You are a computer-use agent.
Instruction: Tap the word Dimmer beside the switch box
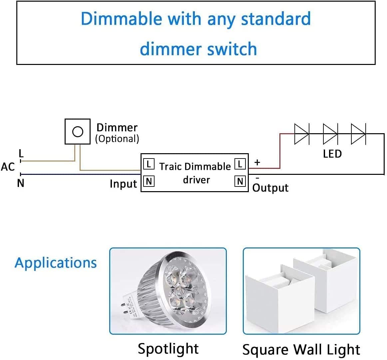click(117, 128)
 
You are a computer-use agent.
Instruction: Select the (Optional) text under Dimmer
click(117, 139)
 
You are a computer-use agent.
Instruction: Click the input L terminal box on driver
click(149, 164)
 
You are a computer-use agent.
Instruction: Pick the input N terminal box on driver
click(149, 181)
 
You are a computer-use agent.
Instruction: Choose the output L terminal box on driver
click(240, 164)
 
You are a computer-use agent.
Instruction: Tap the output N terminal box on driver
click(240, 181)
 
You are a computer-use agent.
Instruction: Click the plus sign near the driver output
click(257, 163)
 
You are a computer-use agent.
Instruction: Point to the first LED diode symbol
click(302, 134)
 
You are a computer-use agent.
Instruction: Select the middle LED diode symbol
click(330, 134)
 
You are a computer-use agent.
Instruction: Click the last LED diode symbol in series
click(358, 134)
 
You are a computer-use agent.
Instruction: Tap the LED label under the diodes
click(332, 154)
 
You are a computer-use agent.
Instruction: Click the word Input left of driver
click(123, 184)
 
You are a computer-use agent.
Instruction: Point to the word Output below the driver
click(270, 188)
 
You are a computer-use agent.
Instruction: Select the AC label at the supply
click(8, 167)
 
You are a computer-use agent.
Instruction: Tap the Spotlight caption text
click(168, 349)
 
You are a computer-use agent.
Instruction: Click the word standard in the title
click(276, 19)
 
